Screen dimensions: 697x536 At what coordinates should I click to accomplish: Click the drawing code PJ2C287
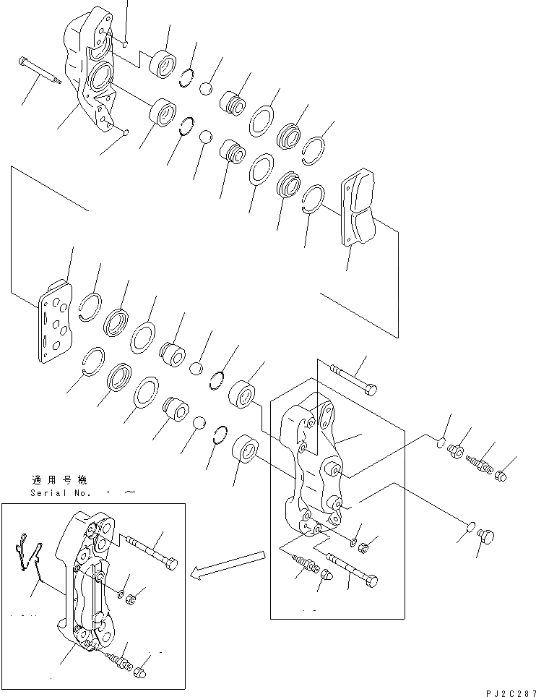pos(505,692)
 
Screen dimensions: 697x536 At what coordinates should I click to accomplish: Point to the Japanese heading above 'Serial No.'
pos(59,479)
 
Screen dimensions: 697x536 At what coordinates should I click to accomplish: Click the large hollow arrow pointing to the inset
pos(227,565)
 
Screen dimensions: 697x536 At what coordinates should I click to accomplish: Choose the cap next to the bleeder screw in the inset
pos(141,673)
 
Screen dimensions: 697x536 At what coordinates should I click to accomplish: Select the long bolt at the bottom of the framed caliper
pos(353,568)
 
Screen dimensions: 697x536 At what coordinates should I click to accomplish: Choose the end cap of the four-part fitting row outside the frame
pos(502,474)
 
